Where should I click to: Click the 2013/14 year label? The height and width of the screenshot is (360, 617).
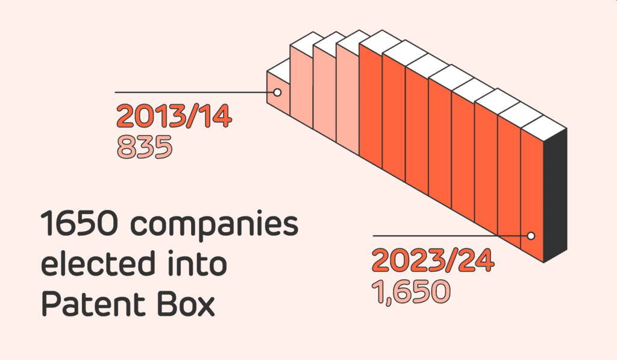[174, 116]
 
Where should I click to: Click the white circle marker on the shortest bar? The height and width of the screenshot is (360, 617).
[277, 92]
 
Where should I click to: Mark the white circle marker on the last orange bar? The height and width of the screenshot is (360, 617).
[531, 236]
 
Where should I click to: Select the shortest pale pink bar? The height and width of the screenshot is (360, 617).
[278, 103]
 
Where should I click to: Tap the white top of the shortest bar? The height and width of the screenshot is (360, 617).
[278, 66]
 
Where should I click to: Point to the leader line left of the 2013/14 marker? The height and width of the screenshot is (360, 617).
[193, 92]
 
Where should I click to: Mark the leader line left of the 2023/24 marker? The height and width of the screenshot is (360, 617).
[446, 236]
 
